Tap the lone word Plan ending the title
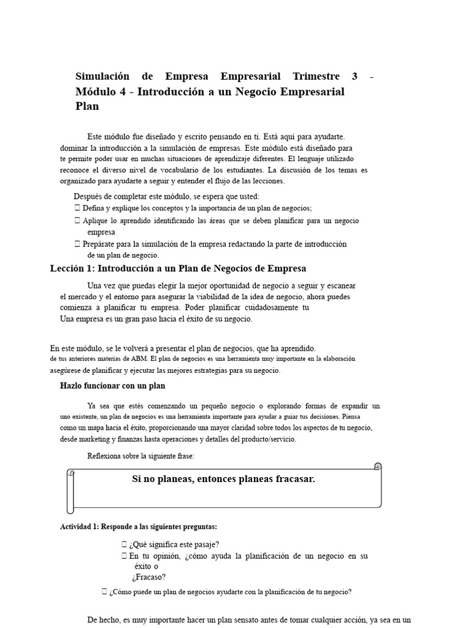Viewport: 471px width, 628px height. (87, 106)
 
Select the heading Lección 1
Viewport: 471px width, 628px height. (72, 269)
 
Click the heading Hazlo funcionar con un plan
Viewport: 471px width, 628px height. (112, 386)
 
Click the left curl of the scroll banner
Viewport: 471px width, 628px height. (71, 491)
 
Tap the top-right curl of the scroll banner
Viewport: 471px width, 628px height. (377, 467)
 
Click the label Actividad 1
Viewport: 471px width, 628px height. (79, 527)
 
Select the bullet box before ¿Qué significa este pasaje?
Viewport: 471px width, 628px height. (124, 545)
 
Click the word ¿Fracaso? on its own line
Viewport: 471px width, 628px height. (149, 577)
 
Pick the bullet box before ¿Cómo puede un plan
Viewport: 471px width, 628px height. (104, 592)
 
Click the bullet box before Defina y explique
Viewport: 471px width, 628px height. (77, 209)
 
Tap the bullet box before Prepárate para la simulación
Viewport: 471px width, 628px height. (77, 244)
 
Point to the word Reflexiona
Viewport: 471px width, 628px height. (106, 456)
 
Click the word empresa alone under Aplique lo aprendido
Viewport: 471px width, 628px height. (101, 232)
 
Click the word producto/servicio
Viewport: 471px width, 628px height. (269, 439)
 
